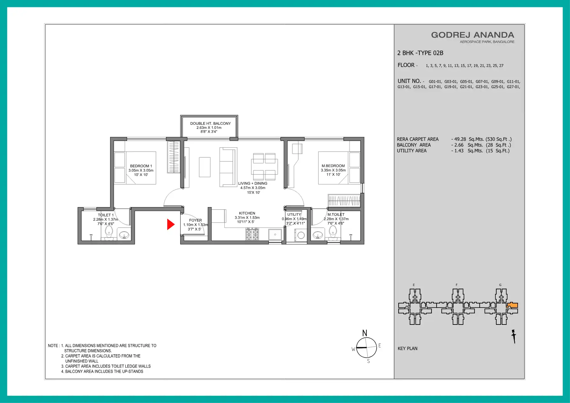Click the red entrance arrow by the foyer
click(171, 224)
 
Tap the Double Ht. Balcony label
click(210, 123)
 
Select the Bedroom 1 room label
click(141, 166)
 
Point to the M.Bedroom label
click(333, 166)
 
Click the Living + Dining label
click(253, 183)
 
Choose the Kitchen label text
click(247, 213)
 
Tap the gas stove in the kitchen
click(252, 234)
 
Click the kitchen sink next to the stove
click(275, 235)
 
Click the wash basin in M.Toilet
click(318, 235)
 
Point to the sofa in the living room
click(228, 167)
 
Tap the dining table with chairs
click(264, 166)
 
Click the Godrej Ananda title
click(473, 35)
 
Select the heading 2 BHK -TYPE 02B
click(420, 53)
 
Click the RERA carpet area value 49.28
click(460, 139)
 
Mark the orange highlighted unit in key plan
click(512, 305)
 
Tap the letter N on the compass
click(365, 333)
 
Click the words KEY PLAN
click(408, 348)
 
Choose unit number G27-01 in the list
click(513, 87)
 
